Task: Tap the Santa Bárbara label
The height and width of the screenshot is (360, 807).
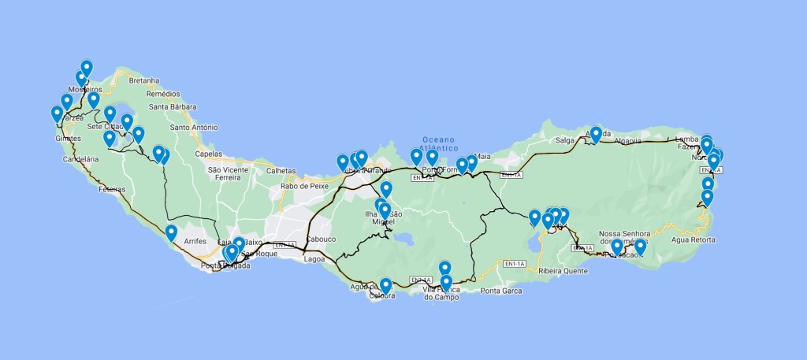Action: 168,107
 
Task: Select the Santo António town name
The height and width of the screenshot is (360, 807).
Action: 193,127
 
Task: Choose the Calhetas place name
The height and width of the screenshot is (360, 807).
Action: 281,171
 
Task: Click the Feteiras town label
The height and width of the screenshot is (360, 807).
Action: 112,189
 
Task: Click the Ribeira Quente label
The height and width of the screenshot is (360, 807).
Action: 563,271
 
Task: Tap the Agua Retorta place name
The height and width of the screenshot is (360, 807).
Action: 693,239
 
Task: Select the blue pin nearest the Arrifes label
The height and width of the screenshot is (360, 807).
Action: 171,233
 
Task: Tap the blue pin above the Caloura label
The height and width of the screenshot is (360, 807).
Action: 385,285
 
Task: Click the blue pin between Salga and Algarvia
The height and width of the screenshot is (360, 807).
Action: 596,133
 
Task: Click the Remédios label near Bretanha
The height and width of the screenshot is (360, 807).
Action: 163,94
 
